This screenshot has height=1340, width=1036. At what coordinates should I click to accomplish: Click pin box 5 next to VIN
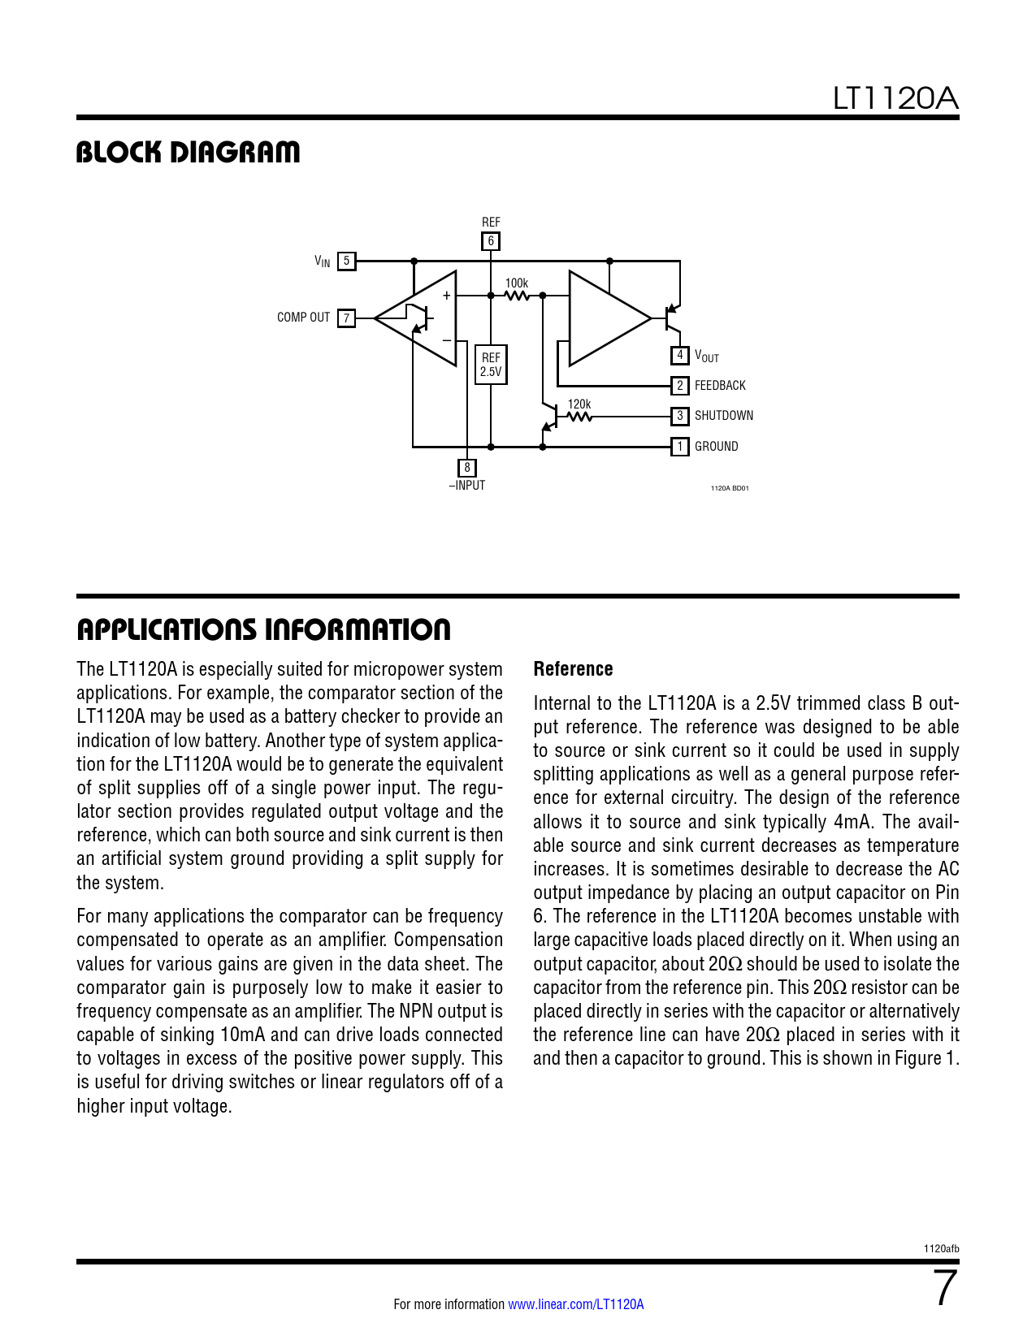click(x=346, y=261)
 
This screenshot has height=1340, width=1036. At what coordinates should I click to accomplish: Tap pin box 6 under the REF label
click(x=490, y=241)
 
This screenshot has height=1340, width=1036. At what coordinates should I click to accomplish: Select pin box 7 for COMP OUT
click(x=346, y=318)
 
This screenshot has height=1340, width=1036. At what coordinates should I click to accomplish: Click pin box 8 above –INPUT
click(x=466, y=467)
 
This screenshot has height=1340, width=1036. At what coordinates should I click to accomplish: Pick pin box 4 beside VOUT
click(x=679, y=355)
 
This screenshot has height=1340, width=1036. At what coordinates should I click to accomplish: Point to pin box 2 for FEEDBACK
click(x=679, y=385)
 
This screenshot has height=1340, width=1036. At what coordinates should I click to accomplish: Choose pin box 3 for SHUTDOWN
click(x=679, y=416)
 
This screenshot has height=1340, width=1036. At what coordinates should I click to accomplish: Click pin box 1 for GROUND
click(x=679, y=446)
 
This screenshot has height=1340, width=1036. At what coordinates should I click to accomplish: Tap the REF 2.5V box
click(x=491, y=365)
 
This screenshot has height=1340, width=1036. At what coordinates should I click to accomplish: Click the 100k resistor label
click(x=517, y=283)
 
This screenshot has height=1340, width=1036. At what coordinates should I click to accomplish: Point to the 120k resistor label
click(x=579, y=404)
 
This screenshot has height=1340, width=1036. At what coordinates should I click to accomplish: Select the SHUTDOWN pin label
click(x=724, y=416)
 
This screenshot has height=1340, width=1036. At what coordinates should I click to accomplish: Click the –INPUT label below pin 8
click(x=467, y=486)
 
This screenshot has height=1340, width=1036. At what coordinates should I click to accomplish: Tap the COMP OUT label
click(x=304, y=318)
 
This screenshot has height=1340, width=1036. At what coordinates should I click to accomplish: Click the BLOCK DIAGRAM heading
click(x=188, y=153)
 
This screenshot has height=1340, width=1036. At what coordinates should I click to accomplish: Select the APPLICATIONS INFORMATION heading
click(x=263, y=629)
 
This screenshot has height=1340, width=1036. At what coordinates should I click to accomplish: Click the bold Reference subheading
click(x=573, y=669)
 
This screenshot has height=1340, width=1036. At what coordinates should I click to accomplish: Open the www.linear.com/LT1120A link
click(x=576, y=1304)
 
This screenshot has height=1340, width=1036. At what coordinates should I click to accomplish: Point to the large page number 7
click(x=944, y=1288)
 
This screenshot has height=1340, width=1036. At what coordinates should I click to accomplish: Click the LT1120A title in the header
click(x=895, y=98)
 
